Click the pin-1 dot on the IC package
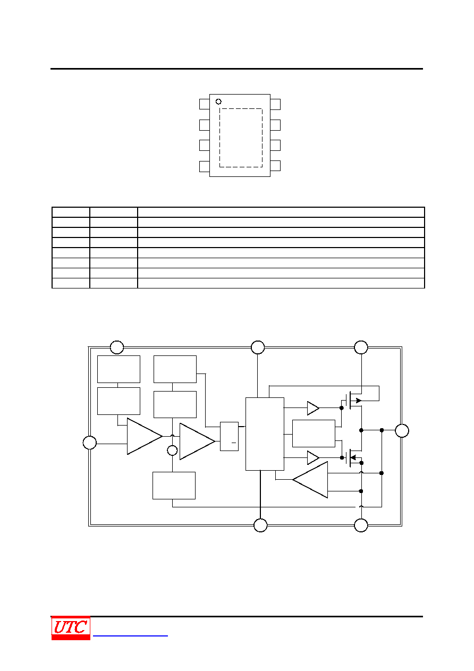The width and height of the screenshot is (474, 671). [218, 101]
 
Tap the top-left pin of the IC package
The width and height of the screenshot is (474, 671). [205, 104]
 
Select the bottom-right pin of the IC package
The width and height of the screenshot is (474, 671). [275, 166]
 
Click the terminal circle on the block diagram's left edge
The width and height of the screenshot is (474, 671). [90, 443]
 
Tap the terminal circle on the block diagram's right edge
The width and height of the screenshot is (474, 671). [402, 431]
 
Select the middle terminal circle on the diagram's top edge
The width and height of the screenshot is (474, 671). [258, 347]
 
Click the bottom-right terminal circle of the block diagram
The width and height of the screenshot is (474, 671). [361, 525]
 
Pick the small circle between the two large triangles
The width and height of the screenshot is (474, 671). [172, 450]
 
